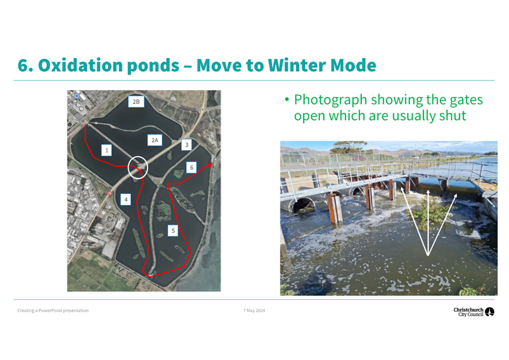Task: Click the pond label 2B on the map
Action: tap(136, 101)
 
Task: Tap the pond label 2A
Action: tap(155, 140)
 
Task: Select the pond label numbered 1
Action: tap(106, 150)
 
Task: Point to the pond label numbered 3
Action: tap(187, 145)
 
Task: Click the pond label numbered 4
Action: tap(126, 199)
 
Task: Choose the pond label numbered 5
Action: tap(173, 230)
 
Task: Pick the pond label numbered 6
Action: tap(191, 167)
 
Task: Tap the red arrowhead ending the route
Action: tap(210, 165)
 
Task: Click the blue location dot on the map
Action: tap(77, 96)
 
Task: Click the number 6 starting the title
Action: tap(23, 65)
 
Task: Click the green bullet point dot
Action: tap(287, 100)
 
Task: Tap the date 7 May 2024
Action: tap(254, 310)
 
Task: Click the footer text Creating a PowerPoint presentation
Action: tap(53, 310)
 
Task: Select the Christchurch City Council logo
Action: tap(474, 312)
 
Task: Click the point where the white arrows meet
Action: tap(428, 255)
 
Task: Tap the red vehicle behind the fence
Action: tap(359, 158)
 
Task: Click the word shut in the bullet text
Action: tap(452, 116)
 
